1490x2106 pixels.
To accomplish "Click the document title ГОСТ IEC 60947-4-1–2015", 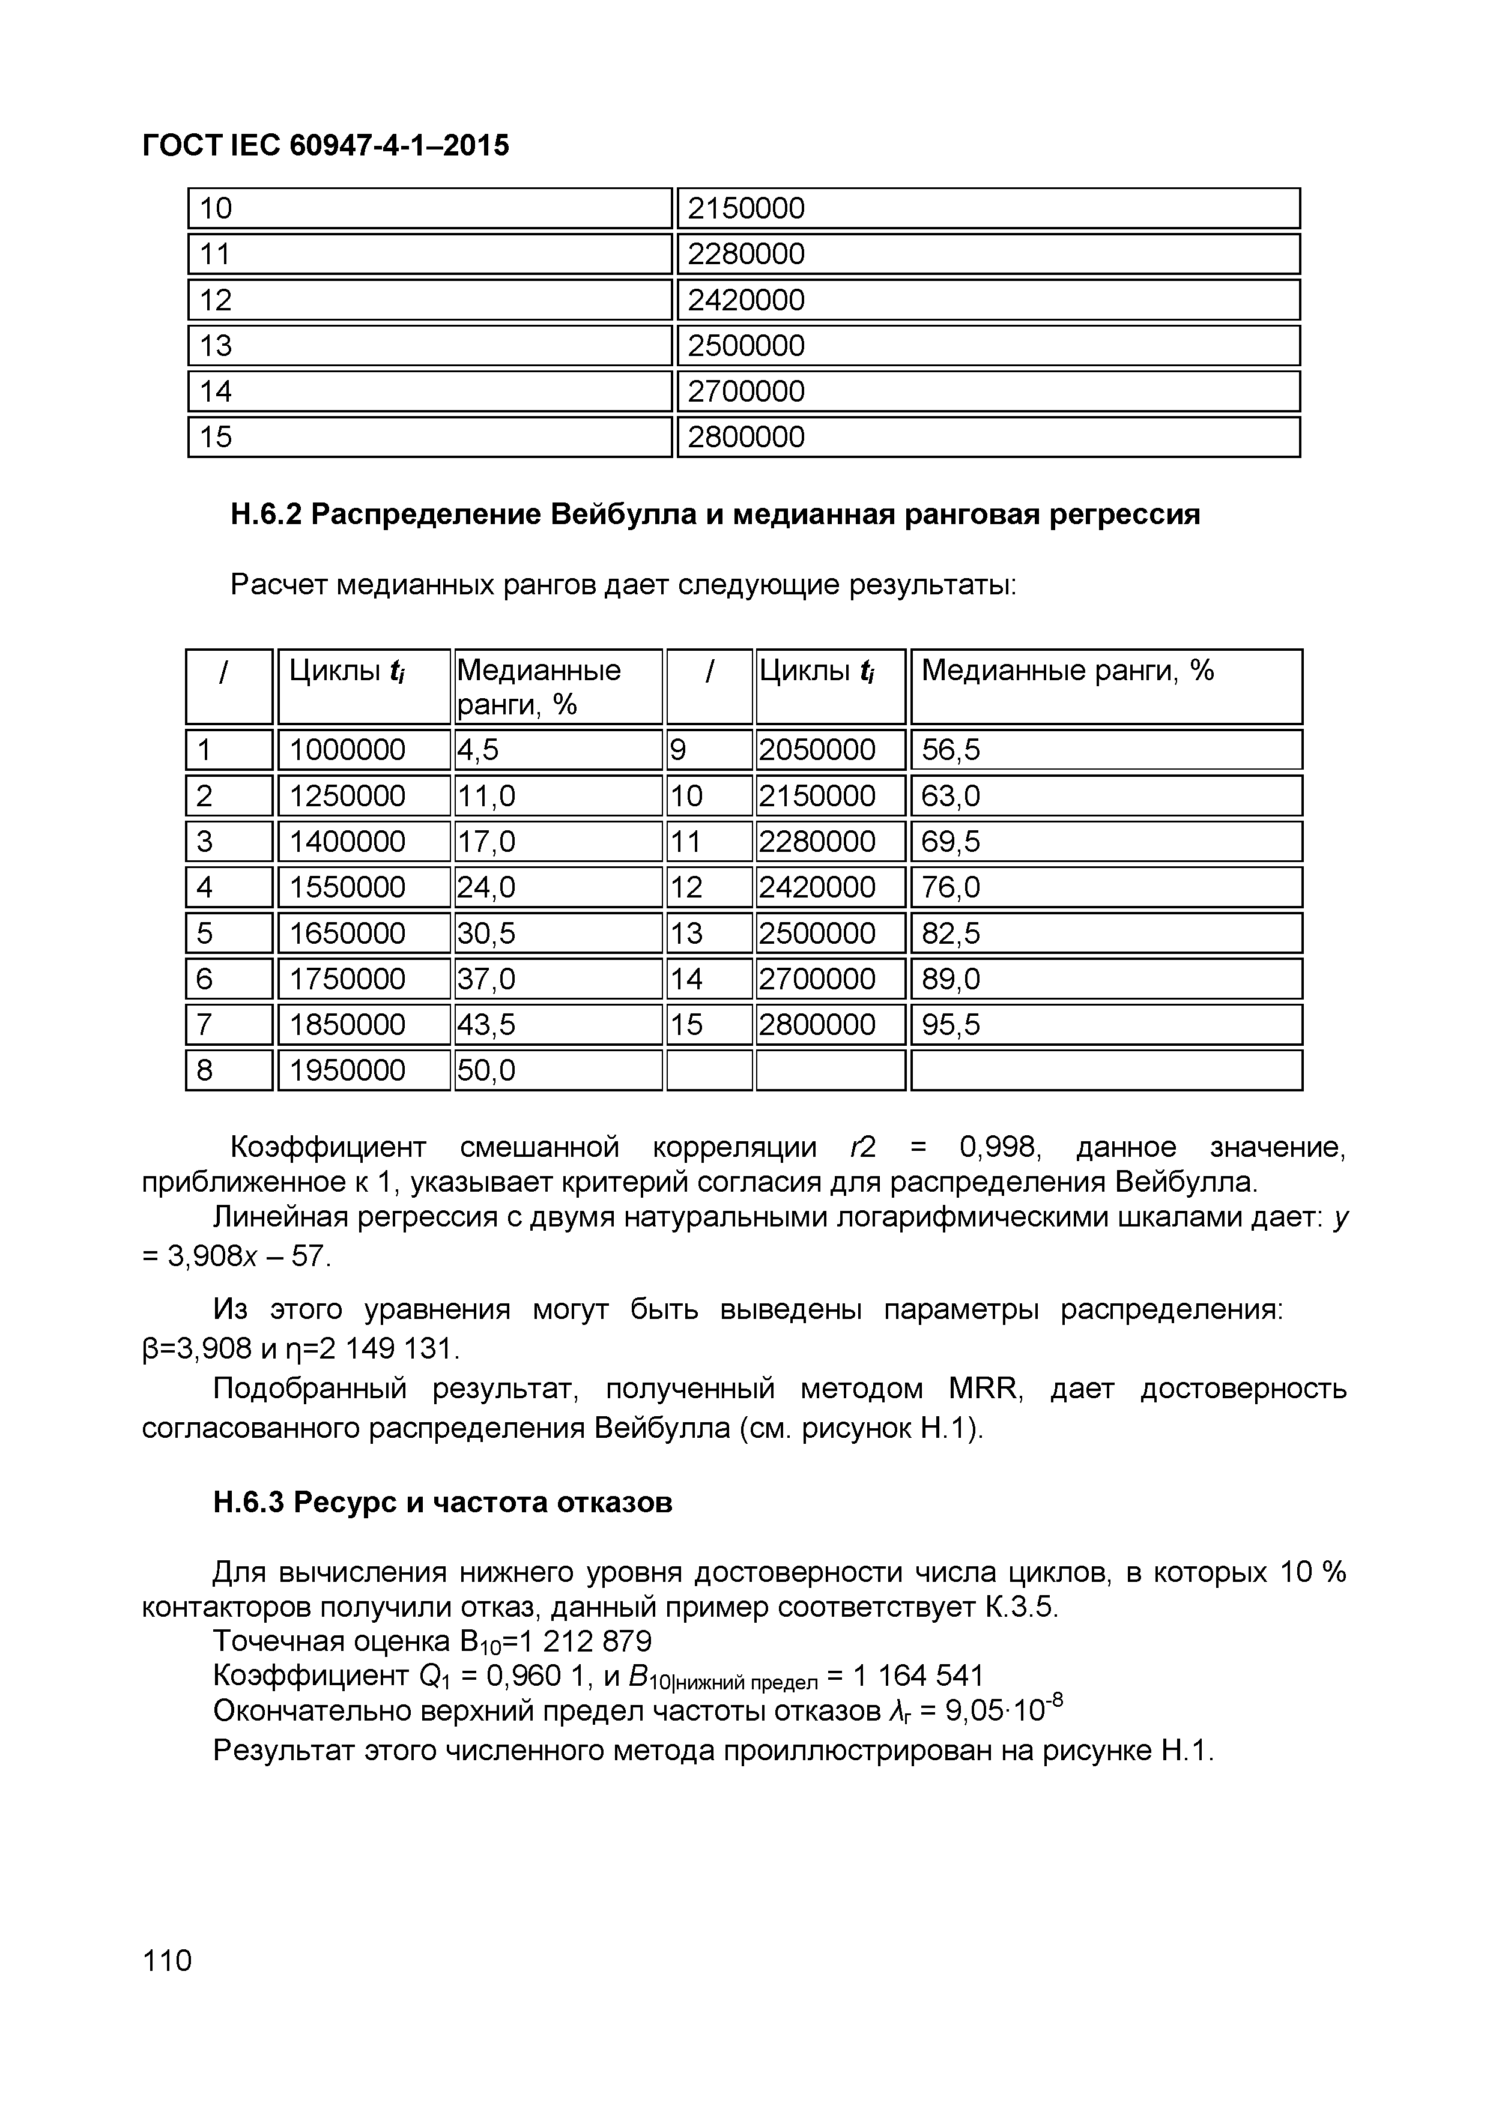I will [325, 145].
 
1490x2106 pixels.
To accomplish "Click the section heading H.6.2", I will [715, 514].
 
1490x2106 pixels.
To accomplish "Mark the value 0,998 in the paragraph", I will [998, 1147].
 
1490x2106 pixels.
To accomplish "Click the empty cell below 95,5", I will [1106, 1070].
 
